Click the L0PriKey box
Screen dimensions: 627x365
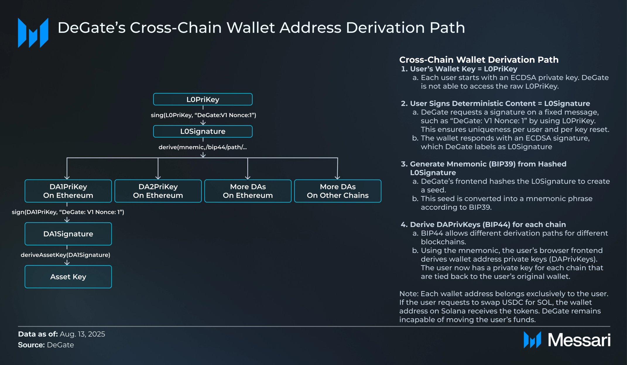[x=203, y=99]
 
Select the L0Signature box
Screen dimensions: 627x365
[x=203, y=131]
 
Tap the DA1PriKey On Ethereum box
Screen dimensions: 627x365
[x=68, y=191]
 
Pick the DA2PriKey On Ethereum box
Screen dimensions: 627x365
[x=158, y=191]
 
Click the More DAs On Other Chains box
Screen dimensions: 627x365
[x=338, y=191]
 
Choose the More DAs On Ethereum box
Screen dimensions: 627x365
[x=248, y=191]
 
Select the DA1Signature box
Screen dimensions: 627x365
[x=68, y=234]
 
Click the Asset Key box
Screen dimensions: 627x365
[x=68, y=277]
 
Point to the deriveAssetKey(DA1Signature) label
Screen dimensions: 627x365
[x=66, y=255]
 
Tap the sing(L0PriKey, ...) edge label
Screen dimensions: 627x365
[x=203, y=115]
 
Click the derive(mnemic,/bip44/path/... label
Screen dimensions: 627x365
[x=203, y=147]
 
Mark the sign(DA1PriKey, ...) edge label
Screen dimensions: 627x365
[x=68, y=212]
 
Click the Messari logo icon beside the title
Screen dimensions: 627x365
[x=33, y=33]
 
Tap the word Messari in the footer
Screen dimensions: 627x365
[x=579, y=340]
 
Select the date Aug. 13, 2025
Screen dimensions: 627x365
[x=82, y=334]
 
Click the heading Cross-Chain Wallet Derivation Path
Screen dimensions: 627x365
[x=479, y=60]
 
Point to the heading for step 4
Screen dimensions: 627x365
[x=483, y=225]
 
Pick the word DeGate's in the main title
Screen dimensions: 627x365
[x=92, y=28]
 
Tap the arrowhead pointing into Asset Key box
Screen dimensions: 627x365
[x=67, y=263]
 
